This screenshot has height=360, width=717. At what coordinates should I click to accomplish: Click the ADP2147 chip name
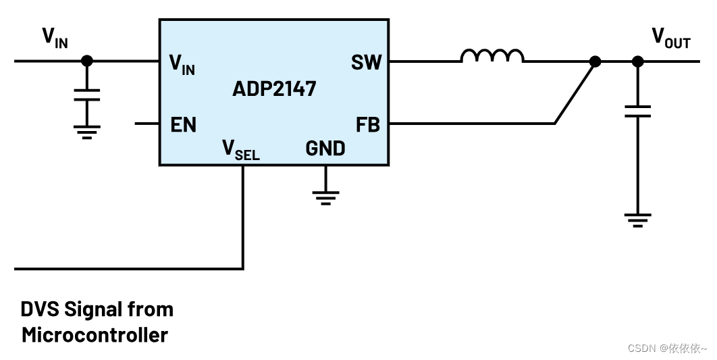click(274, 88)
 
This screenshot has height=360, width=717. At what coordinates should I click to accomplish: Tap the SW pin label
click(366, 62)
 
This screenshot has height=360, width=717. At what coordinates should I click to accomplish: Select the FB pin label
click(367, 125)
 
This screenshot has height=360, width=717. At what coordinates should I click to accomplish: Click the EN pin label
click(183, 125)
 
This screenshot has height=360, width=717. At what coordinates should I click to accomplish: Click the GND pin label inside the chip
click(325, 148)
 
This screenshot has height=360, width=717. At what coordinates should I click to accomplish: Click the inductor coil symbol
click(492, 56)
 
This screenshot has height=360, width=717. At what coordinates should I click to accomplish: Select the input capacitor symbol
click(86, 95)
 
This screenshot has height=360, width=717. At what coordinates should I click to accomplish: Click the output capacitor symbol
click(637, 111)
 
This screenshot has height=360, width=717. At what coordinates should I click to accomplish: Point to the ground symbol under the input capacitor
click(86, 131)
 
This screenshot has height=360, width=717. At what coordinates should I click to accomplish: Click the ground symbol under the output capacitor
click(637, 221)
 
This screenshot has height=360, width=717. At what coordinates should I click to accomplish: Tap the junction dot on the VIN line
click(86, 61)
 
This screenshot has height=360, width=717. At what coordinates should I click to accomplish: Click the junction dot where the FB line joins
click(595, 61)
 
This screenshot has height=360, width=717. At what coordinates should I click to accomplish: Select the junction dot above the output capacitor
click(637, 61)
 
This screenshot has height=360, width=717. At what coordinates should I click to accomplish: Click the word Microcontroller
click(95, 334)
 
